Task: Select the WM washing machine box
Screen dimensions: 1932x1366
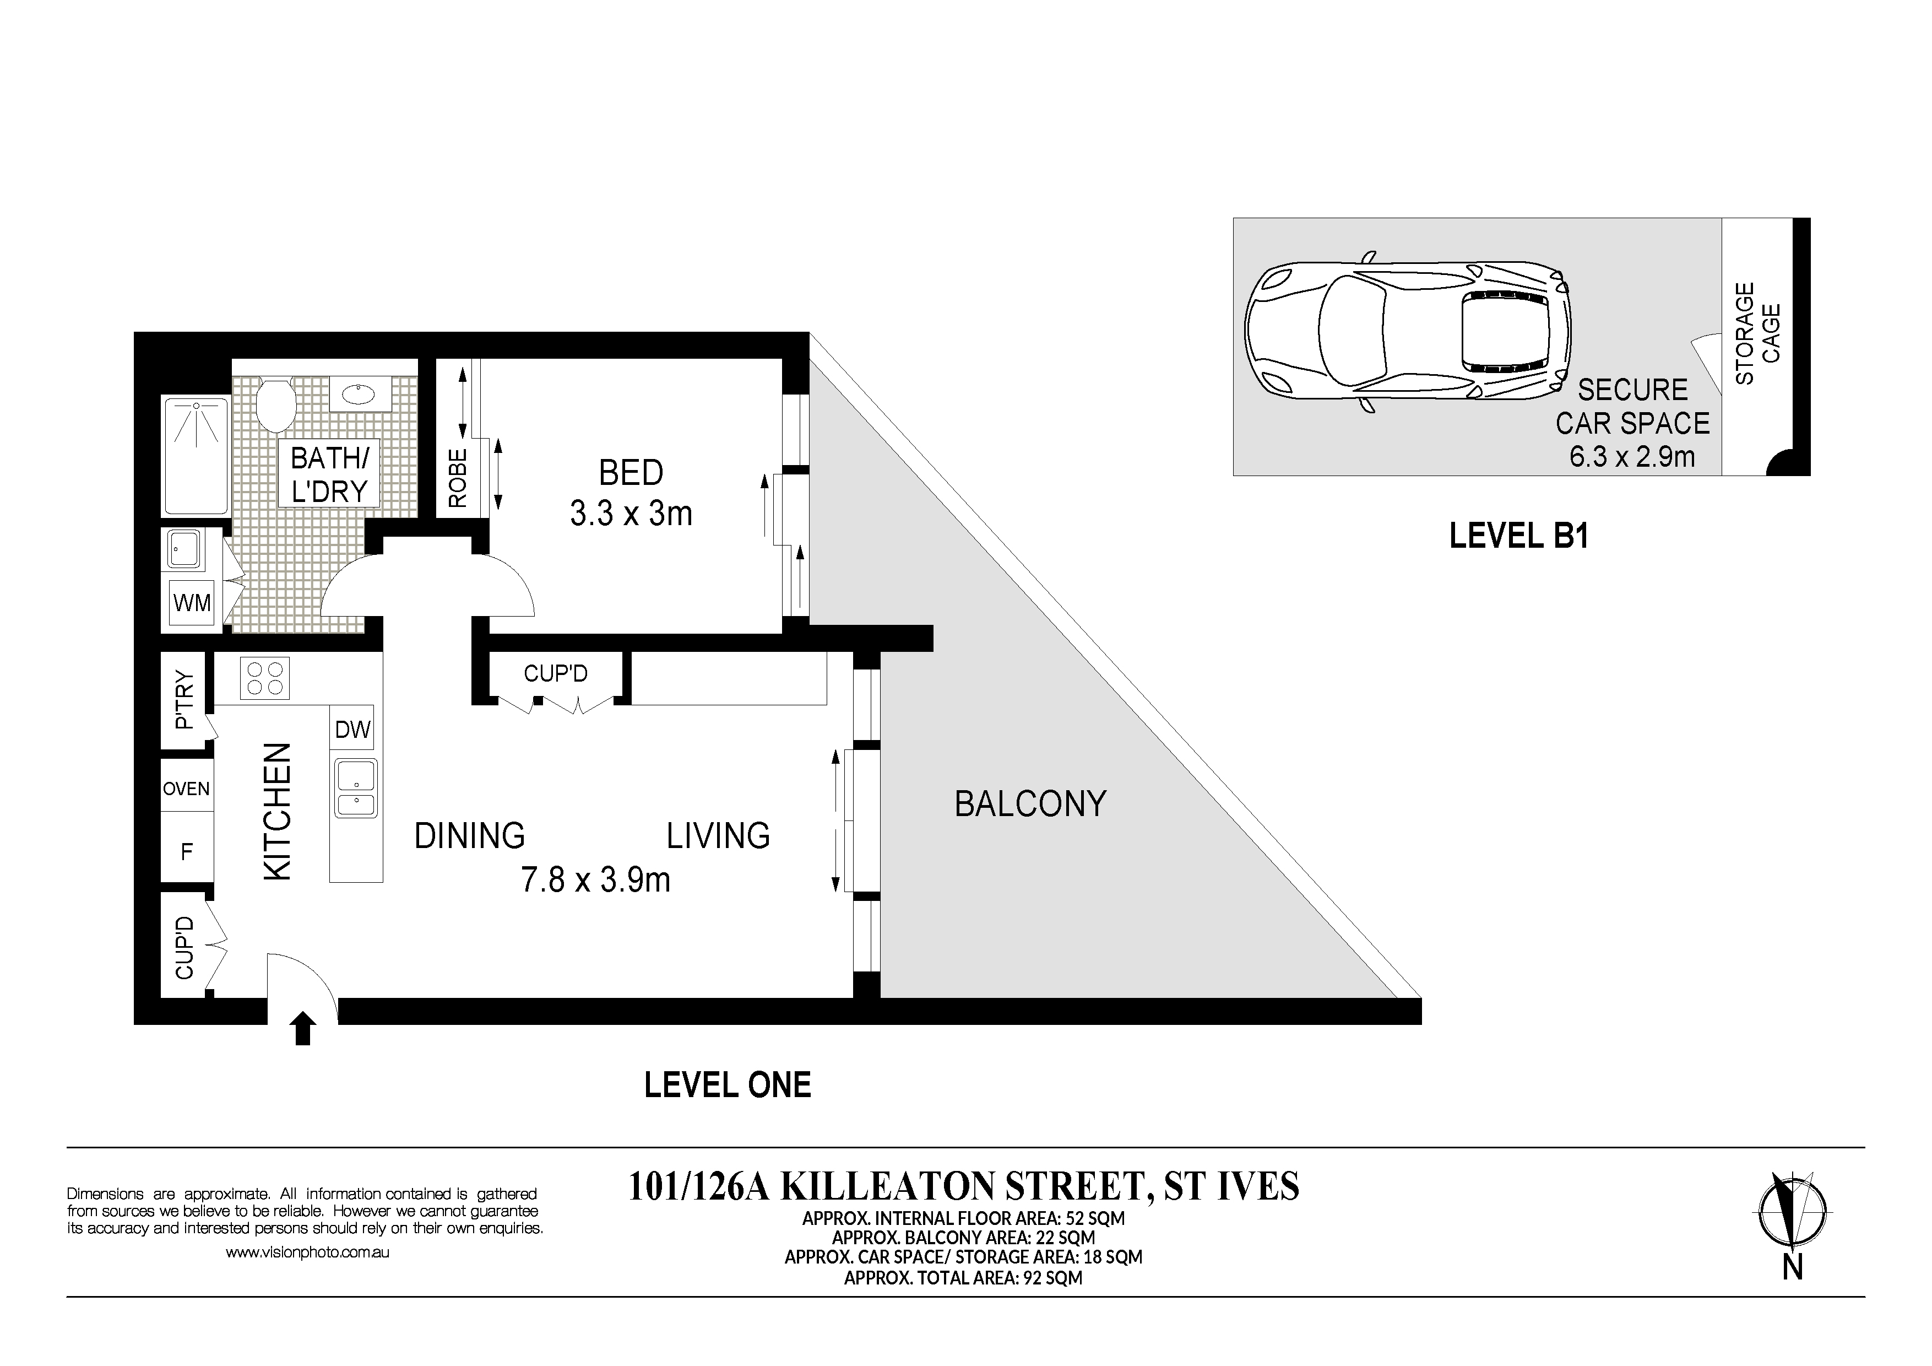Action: [x=192, y=603]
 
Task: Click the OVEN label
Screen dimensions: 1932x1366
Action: [x=186, y=789]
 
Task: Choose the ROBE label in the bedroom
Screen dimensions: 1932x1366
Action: [x=458, y=478]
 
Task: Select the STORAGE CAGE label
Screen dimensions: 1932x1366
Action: [x=1758, y=333]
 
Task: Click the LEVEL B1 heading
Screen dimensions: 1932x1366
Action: [x=1519, y=536]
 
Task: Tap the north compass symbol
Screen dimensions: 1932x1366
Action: [x=1792, y=1210]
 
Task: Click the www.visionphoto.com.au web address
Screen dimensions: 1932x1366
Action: [x=307, y=1252]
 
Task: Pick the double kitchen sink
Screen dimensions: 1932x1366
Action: [x=356, y=788]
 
